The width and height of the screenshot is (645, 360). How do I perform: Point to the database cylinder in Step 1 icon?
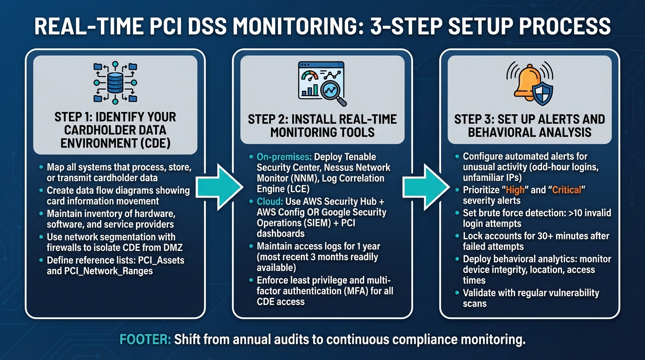pos(115,82)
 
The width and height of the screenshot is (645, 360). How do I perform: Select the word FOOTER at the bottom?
pos(145,339)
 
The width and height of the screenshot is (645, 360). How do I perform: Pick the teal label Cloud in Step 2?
pos(270,202)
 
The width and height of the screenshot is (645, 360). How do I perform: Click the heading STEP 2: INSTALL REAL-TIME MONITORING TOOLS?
pos(322,125)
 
